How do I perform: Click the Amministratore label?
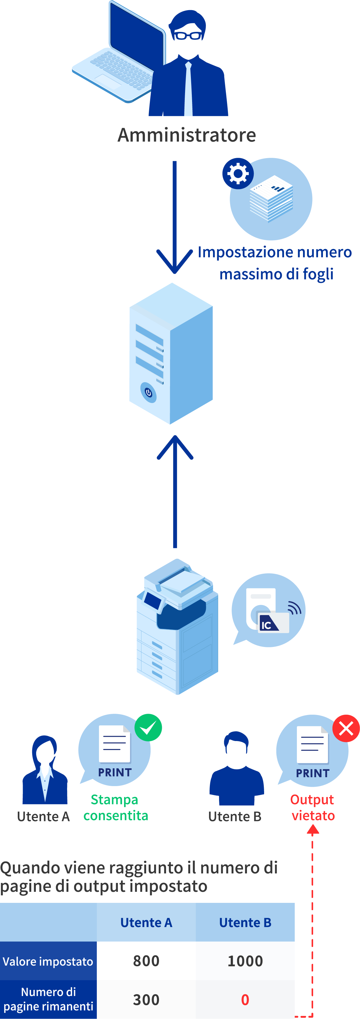(x=187, y=135)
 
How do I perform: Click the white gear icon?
(x=238, y=173)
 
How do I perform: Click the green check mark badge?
(x=148, y=728)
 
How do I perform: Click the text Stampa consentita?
(x=116, y=807)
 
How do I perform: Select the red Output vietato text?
(x=313, y=807)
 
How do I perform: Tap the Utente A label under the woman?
(x=44, y=816)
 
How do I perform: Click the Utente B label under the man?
(x=235, y=816)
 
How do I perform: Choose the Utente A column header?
(x=146, y=922)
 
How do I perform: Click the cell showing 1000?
(x=245, y=961)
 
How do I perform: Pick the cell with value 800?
(x=146, y=961)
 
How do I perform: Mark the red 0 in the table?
(x=245, y=1000)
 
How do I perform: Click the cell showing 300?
(x=146, y=1000)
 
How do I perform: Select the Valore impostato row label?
(x=48, y=961)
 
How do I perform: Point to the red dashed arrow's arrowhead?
(x=313, y=830)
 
